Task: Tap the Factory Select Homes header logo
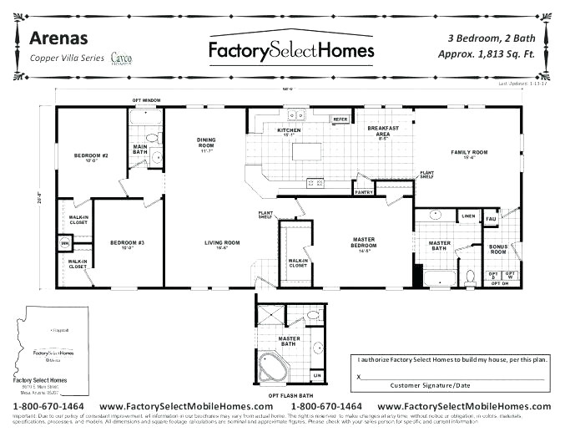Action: pos(290,50)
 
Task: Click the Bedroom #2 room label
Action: pos(91,156)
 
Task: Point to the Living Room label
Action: pos(222,243)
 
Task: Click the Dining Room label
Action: pos(206,143)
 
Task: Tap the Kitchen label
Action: pos(289,131)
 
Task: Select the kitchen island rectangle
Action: pos(305,152)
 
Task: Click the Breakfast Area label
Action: pos(383,131)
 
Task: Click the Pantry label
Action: pos(363,192)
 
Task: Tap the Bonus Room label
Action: pos(498,249)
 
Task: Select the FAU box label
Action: pos(491,219)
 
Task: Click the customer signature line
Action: pos(451,377)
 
